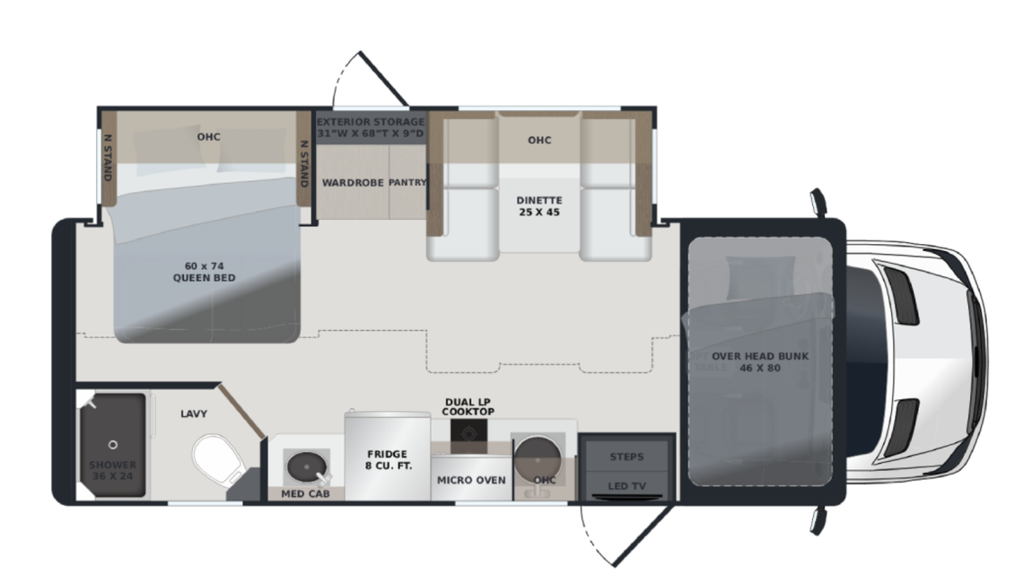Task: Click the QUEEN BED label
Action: click(204, 272)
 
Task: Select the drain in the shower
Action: click(113, 444)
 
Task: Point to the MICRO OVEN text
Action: click(471, 480)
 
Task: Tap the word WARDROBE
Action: click(353, 182)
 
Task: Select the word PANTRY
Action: click(407, 182)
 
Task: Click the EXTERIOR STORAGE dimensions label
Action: click(370, 127)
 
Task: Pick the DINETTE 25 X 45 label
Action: click(538, 206)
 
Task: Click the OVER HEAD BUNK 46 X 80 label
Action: click(760, 362)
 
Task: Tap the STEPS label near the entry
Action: click(625, 457)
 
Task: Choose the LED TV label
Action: click(625, 485)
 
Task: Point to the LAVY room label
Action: click(193, 414)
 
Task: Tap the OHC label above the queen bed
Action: click(208, 136)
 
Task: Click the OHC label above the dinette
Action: click(538, 140)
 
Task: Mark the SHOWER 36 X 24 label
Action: click(112, 471)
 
